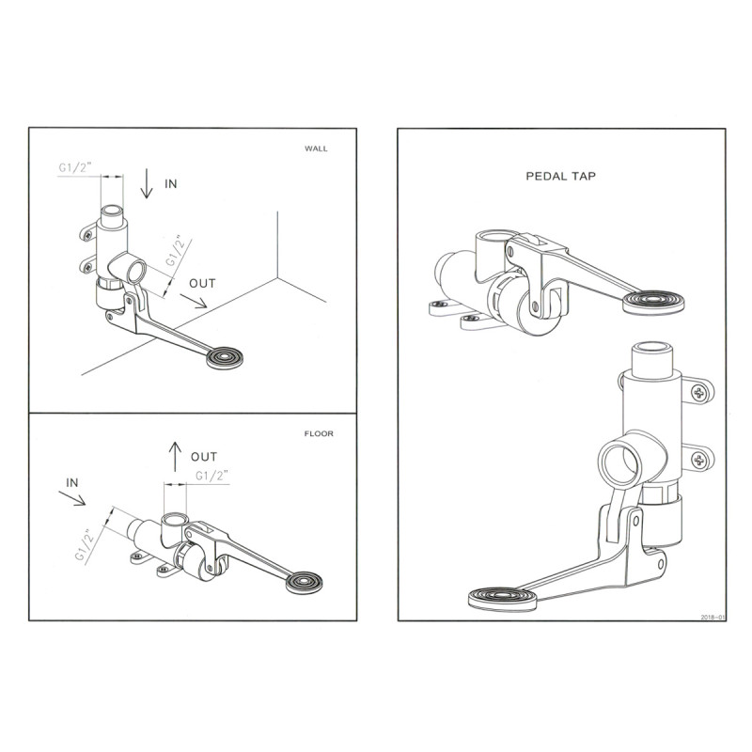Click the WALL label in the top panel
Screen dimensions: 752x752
[317, 149]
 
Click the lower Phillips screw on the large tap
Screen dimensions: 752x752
[699, 460]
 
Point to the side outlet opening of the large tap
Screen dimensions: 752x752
[620, 462]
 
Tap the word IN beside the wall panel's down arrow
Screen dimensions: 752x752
[170, 184]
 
